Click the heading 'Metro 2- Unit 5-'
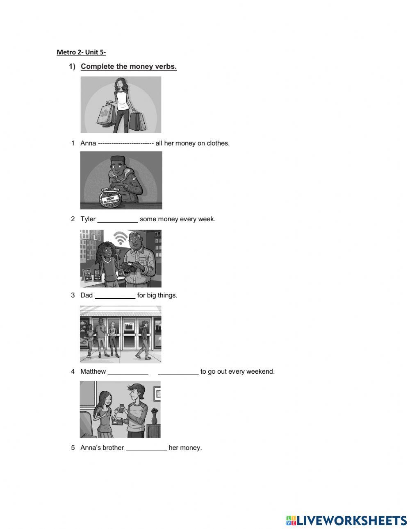(x=81, y=52)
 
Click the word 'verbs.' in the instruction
(x=166, y=66)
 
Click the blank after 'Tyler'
(x=118, y=220)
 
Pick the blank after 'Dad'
(x=115, y=296)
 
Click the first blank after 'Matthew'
(x=128, y=372)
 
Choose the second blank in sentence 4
(x=178, y=372)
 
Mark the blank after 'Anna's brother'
(x=146, y=448)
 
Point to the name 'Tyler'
(x=88, y=219)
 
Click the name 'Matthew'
(x=93, y=372)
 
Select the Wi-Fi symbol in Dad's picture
(x=120, y=238)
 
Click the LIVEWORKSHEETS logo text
(x=351, y=520)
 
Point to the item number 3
(x=73, y=295)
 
